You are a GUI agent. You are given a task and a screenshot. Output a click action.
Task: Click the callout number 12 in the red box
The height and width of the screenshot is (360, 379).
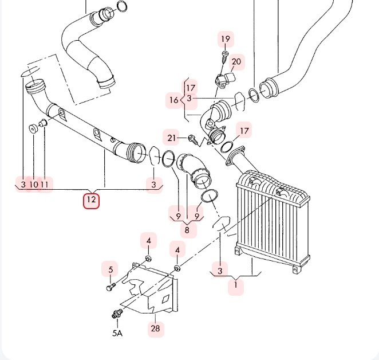(92, 199)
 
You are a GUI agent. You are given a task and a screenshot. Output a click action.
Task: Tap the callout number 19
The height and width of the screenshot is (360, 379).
(226, 39)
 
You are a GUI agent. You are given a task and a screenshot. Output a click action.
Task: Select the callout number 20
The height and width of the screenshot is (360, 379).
(236, 61)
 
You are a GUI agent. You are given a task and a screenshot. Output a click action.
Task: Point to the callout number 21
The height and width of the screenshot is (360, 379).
(171, 138)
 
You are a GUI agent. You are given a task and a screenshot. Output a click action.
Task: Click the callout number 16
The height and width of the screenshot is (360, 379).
(174, 100)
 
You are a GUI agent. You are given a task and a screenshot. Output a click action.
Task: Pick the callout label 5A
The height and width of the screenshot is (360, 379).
(117, 334)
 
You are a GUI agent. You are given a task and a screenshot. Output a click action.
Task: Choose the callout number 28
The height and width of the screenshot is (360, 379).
(155, 328)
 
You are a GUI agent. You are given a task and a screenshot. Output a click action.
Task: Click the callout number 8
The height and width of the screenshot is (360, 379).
(187, 230)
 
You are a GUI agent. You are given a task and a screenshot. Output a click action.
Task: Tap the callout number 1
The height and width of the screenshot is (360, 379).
(236, 285)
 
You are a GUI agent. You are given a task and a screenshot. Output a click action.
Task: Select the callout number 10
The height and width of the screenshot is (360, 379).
(34, 185)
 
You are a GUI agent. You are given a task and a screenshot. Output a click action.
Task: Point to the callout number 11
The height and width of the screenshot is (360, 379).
(44, 185)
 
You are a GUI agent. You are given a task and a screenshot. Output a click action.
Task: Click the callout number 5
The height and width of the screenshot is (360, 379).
(110, 269)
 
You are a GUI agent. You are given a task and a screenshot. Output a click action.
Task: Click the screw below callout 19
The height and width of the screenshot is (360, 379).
(225, 56)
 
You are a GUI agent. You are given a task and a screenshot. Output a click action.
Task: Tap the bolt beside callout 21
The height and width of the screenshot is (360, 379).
(193, 139)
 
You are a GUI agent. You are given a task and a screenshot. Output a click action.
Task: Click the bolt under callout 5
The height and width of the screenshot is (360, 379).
(111, 287)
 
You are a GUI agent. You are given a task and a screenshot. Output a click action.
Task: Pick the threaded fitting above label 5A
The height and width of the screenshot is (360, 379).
(117, 314)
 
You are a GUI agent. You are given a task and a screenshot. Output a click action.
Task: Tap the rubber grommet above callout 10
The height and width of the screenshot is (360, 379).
(33, 128)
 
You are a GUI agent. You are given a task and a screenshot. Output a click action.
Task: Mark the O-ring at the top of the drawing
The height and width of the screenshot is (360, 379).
(122, 6)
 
